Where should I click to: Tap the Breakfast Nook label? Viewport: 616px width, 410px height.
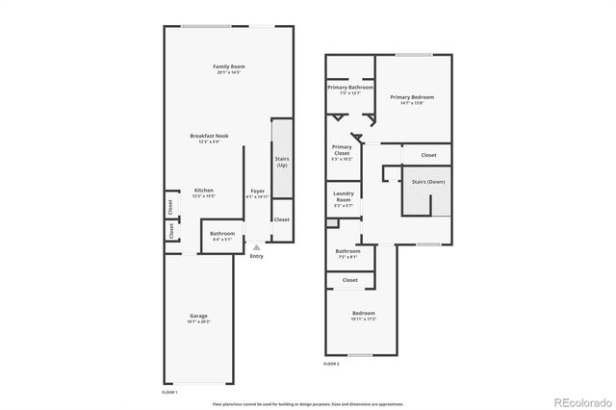click(x=209, y=137)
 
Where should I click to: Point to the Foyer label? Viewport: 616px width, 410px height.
click(x=258, y=191)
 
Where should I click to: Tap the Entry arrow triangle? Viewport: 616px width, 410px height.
click(x=256, y=246)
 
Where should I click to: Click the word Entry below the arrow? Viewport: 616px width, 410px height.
click(x=256, y=256)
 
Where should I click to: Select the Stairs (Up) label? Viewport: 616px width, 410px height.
click(x=282, y=162)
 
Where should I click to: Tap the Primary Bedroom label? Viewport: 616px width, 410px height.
click(x=412, y=97)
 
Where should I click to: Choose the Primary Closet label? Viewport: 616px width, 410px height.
click(x=342, y=151)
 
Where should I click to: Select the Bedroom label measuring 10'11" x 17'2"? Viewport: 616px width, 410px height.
click(x=363, y=314)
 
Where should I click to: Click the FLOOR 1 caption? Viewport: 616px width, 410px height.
click(x=169, y=392)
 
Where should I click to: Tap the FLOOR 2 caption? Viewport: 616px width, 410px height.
click(x=332, y=364)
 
